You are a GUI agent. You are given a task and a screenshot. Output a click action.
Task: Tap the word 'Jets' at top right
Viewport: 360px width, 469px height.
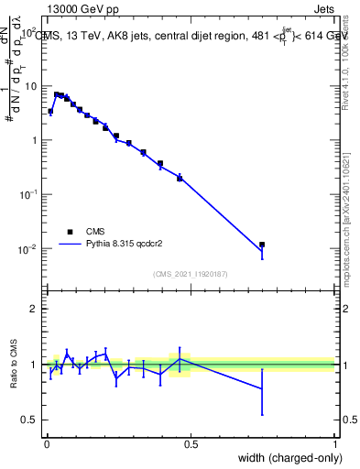[x=323, y=8]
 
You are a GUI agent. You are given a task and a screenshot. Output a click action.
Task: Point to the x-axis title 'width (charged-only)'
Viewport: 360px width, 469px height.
[x=286, y=458]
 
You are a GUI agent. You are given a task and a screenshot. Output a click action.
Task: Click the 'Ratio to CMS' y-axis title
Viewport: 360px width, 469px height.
[x=13, y=365]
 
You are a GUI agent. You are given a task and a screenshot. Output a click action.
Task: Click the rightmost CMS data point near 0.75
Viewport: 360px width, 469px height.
[x=262, y=245]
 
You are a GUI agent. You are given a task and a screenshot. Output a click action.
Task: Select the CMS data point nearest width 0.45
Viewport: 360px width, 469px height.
[x=180, y=177]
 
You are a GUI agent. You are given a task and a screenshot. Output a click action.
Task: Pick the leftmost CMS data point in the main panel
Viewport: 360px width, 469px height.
[x=50, y=112]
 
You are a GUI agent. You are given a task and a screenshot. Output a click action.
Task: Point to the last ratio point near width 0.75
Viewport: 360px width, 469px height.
[x=262, y=388]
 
